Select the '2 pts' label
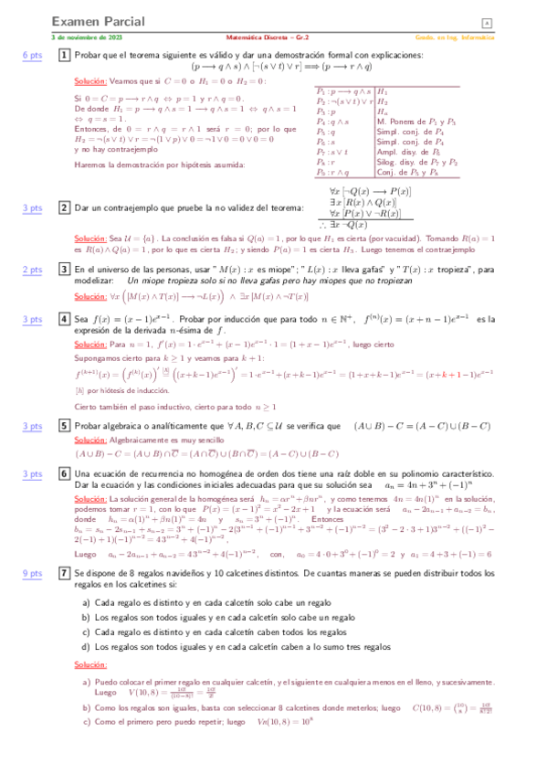pyautogui.click(x=32, y=270)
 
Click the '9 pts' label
pyautogui.click(x=32, y=573)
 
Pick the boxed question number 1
pyautogui.click(x=64, y=56)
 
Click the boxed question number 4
pyautogui.click(x=64, y=319)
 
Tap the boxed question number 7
pyautogui.click(x=64, y=573)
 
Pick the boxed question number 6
pyautogui.click(x=64, y=474)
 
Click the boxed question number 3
pyautogui.click(x=64, y=270)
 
